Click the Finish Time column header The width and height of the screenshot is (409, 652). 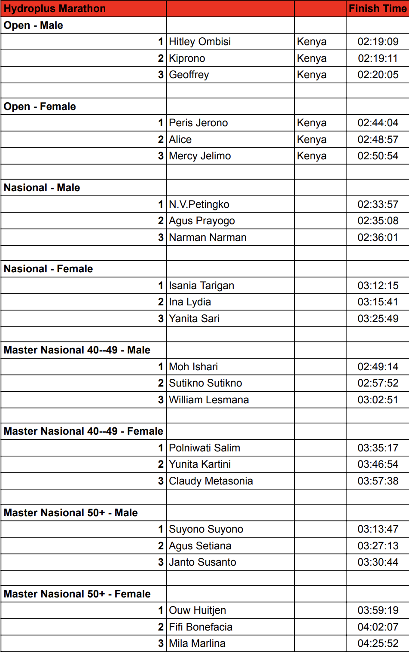click(x=378, y=9)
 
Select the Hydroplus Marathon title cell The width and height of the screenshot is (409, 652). click(x=55, y=9)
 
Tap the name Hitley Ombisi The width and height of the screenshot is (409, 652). click(x=200, y=42)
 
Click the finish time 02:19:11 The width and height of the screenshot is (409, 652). click(x=378, y=58)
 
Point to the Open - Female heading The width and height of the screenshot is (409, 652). click(x=40, y=107)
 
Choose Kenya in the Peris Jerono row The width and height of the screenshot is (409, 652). click(x=311, y=123)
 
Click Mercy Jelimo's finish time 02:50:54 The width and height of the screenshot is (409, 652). click(x=378, y=156)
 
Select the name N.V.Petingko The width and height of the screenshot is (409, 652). click(x=199, y=204)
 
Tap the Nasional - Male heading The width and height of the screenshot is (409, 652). click(x=42, y=188)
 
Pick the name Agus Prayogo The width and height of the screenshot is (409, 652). click(x=202, y=221)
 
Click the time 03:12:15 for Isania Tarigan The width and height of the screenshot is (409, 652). click(x=378, y=286)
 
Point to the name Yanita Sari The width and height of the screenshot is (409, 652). click(x=194, y=319)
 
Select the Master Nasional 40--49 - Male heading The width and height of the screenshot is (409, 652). click(x=77, y=350)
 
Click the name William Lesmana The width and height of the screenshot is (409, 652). click(x=209, y=400)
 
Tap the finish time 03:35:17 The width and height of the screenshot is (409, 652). click(x=378, y=448)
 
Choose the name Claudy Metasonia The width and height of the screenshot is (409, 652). click(x=211, y=481)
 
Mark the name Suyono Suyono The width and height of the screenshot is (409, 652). click(x=206, y=529)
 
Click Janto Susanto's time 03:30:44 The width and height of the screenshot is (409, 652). click(x=378, y=562)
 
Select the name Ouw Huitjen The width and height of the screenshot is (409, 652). click(x=197, y=610)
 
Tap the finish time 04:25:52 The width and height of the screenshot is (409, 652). click(x=378, y=643)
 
